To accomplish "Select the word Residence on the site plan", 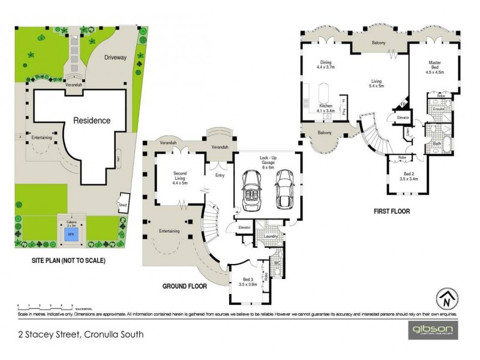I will tap(92, 120).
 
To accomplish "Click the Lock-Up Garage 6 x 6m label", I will tap(268, 163).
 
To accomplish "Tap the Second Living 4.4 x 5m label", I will tap(180, 178).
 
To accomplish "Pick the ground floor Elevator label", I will tap(244, 227).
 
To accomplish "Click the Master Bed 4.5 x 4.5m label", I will tap(435, 67).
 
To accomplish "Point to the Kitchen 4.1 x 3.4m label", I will tap(326, 107).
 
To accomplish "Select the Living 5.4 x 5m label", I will tap(376, 83).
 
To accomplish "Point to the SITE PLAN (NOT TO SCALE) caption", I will tap(69, 261).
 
